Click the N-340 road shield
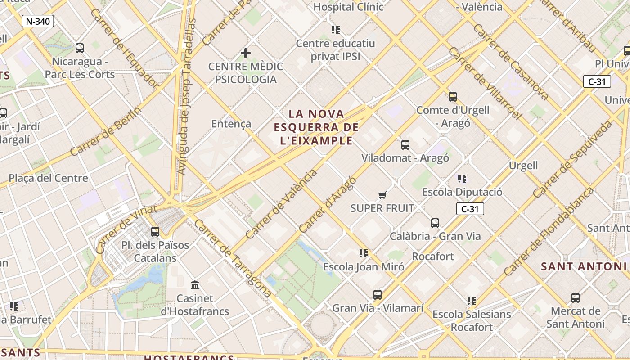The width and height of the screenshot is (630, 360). tap(38, 21)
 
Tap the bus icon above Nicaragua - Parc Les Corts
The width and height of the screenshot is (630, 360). tap(80, 48)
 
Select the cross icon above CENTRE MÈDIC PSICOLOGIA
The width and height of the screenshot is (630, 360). tap(245, 53)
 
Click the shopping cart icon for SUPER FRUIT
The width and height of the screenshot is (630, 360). tap(382, 195)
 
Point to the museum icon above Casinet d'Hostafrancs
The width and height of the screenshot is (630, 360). tap(195, 285)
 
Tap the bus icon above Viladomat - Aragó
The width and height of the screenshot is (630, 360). tap(405, 145)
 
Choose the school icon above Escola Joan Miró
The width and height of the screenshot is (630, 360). tap(364, 253)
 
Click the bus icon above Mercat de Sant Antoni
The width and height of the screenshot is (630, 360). tap(575, 297)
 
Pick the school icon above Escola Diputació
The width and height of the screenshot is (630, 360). tap(462, 179)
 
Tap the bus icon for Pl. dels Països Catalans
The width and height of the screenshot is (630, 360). tap(155, 232)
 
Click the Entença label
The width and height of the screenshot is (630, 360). tap(231, 124)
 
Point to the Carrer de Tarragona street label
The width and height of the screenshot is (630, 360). tap(233, 258)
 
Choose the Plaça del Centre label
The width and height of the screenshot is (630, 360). tap(48, 178)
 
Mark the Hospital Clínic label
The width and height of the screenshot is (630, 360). tap(348, 7)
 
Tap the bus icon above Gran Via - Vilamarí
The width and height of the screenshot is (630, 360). tap(378, 295)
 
